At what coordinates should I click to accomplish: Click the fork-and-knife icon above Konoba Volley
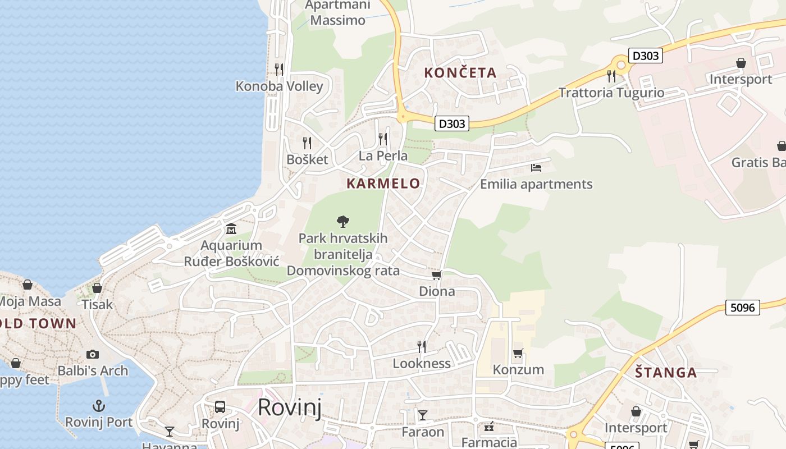tap(278, 69)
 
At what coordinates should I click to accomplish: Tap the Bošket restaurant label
tap(307, 159)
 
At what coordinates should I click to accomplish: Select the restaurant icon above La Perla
tap(383, 138)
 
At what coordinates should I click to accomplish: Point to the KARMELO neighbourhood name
tap(383, 184)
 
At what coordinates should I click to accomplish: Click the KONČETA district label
tap(460, 73)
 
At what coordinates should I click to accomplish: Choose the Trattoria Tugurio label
tap(611, 93)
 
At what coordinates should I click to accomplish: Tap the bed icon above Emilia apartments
tap(536, 167)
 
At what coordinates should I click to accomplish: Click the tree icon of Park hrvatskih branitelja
tap(342, 222)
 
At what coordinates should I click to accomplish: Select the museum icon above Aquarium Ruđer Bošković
tap(231, 229)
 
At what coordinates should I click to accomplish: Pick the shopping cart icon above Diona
tap(436, 275)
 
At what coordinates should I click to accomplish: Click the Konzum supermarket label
tap(518, 369)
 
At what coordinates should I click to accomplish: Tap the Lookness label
tap(422, 364)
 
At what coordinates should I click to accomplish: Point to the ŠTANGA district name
tap(666, 373)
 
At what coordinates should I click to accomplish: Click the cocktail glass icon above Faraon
tap(422, 415)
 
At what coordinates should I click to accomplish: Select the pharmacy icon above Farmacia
tap(489, 427)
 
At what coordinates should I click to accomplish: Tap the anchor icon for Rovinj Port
tap(99, 405)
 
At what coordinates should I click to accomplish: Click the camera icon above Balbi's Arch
tap(93, 354)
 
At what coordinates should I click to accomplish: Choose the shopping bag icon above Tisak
tap(97, 288)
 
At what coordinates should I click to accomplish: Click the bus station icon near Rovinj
tap(220, 407)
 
